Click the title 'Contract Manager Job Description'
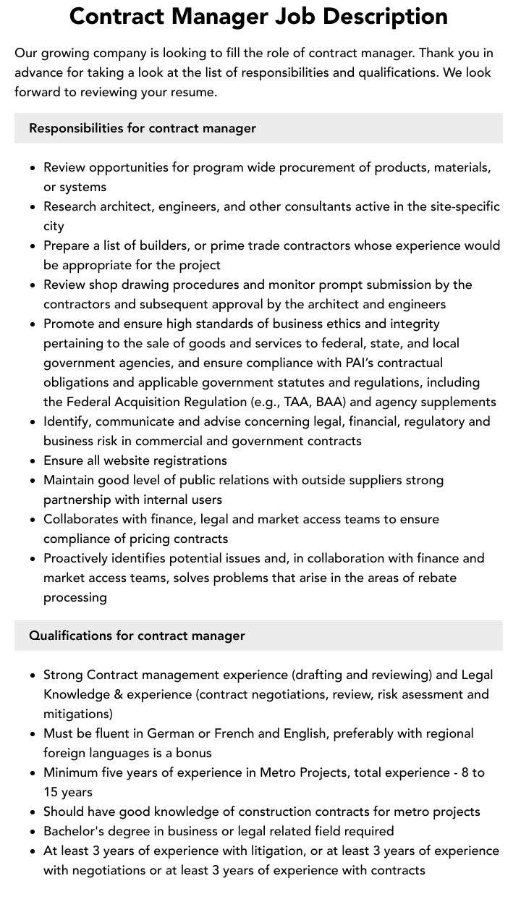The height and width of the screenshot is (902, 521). pos(258,16)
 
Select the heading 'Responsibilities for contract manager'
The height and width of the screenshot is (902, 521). pos(143,128)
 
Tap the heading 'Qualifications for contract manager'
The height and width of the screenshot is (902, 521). pos(137,636)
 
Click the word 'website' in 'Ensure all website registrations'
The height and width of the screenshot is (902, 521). pos(143,460)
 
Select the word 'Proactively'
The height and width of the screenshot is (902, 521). pos(80,558)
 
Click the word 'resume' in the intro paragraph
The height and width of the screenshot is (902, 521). pos(193,92)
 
